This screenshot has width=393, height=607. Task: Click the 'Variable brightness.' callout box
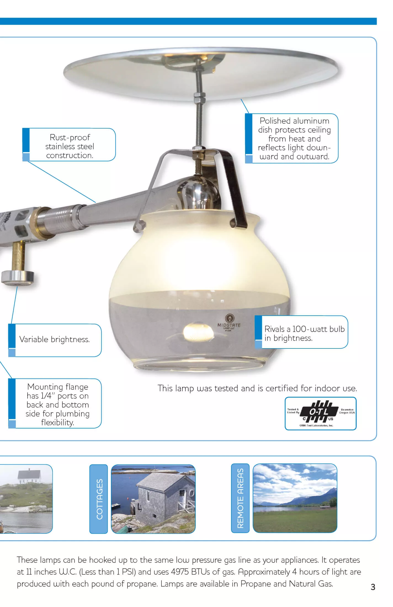tap(55, 340)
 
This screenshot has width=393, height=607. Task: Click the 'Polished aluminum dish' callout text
tap(294, 139)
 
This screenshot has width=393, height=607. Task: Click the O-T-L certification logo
tap(320, 413)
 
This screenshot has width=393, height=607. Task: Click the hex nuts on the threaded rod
tap(198, 98)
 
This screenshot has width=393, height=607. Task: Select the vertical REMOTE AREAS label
tap(240, 498)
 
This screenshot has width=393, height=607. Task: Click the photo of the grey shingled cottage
tap(153, 499)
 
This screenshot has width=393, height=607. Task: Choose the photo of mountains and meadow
tap(295, 498)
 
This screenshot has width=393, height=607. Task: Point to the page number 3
tap(373, 587)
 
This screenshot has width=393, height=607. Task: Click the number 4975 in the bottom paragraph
tap(180, 572)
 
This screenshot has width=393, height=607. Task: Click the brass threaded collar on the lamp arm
tap(42, 223)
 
